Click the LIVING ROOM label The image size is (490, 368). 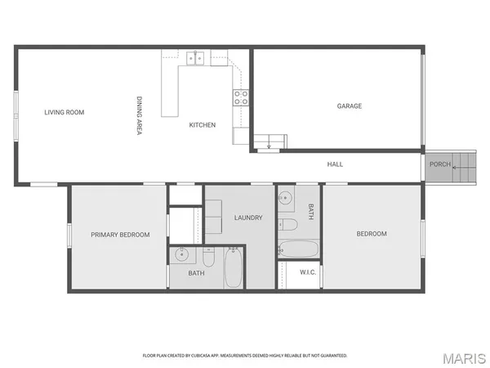(65, 112)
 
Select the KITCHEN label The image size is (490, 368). (203, 125)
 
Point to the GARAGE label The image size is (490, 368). (350, 105)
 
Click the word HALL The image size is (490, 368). (335, 164)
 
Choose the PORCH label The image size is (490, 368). (440, 164)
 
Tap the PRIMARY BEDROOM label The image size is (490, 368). (120, 235)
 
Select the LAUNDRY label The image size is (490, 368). (247, 218)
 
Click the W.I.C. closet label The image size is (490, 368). (308, 272)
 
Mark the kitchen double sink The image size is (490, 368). (195, 57)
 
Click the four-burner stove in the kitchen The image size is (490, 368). (242, 97)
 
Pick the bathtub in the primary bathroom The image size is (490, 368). (234, 269)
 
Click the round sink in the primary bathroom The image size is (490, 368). (182, 254)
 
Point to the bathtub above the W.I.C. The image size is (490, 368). (298, 249)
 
